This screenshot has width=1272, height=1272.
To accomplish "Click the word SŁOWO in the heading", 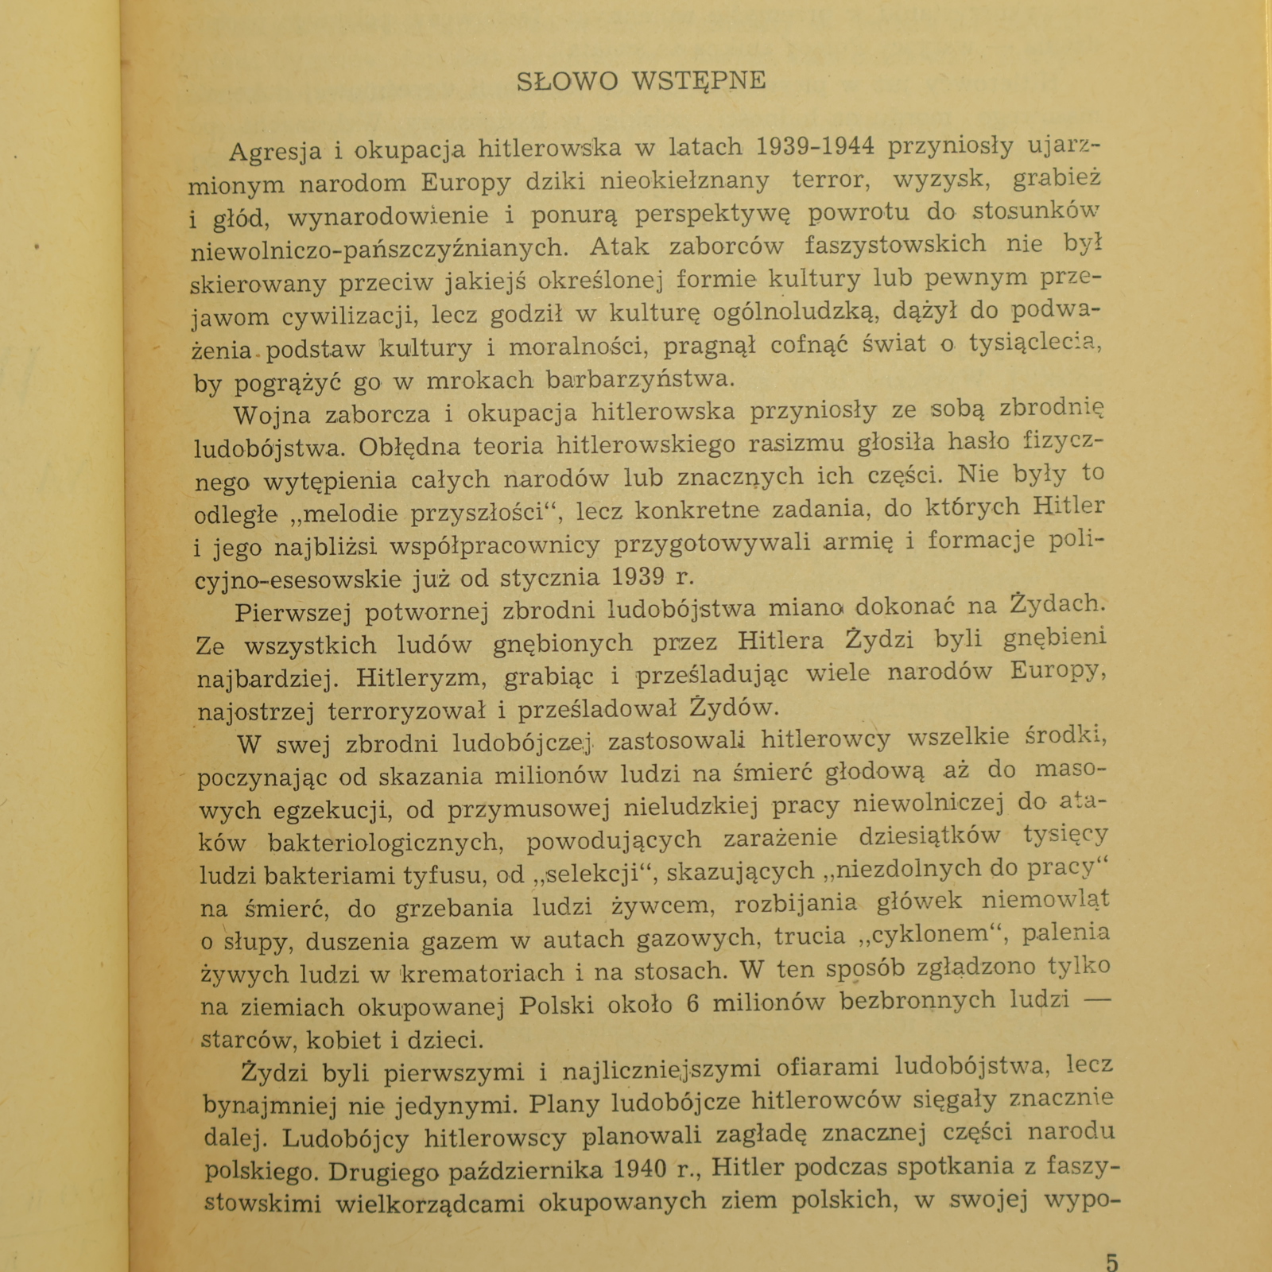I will tap(567, 81).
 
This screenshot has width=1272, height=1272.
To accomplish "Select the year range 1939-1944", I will tap(815, 146).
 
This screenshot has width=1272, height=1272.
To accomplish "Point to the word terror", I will tap(830, 180).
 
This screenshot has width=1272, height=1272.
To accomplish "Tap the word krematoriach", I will tap(468, 973).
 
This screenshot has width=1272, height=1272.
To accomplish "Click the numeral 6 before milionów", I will tap(692, 1004).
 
